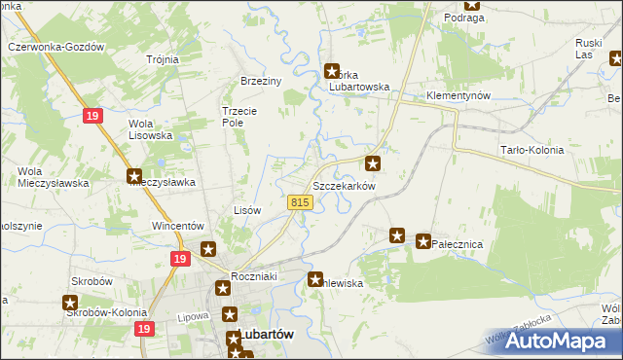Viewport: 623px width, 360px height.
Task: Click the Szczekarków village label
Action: pos(344,185)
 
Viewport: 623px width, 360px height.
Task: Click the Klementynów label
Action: pos(458,96)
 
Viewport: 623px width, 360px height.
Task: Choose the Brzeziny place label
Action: pos(261,81)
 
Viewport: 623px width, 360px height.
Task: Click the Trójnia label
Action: pos(163,59)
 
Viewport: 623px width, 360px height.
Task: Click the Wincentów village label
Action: pos(176,226)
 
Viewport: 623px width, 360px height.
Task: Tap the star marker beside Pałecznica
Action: pos(423,240)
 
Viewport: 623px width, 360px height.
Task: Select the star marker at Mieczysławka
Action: pos(134,176)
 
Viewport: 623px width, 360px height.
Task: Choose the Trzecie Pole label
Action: pos(239,116)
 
